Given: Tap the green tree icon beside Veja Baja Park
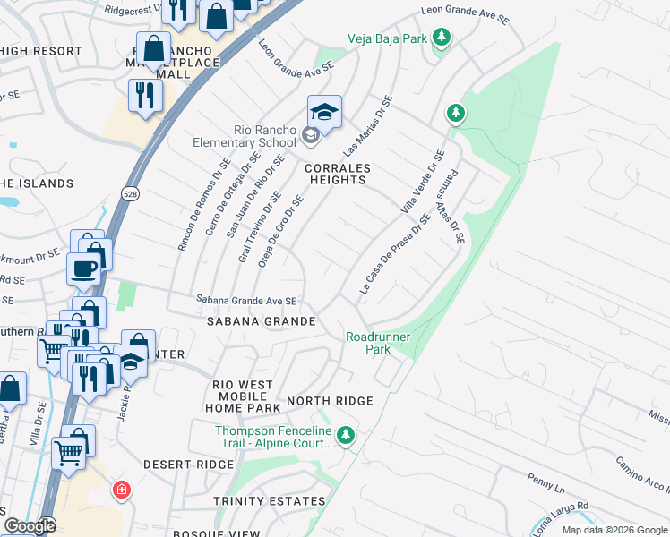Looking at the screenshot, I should [x=440, y=38].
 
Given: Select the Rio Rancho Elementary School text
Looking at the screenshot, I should [x=245, y=136].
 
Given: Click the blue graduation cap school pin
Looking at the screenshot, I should [x=324, y=112].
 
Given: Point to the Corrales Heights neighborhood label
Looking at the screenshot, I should [x=337, y=174].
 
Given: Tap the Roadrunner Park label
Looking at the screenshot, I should [x=368, y=343].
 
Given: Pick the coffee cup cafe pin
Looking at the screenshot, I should [x=84, y=268].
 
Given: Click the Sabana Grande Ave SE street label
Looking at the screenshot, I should [x=246, y=302].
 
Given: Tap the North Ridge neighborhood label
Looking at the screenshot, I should [x=330, y=401].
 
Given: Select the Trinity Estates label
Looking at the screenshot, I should [x=270, y=501].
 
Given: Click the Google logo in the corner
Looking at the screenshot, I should [x=30, y=526].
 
